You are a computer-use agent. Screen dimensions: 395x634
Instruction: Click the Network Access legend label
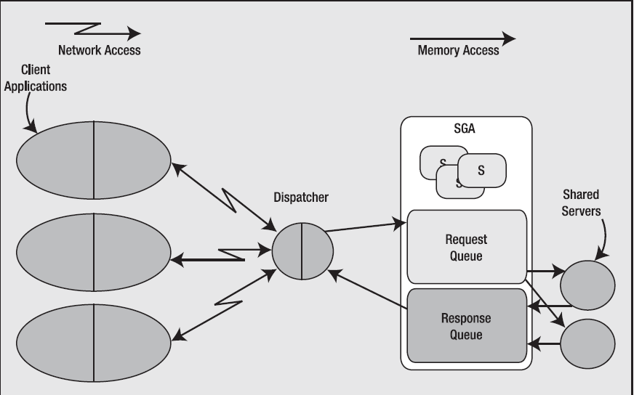pyautogui.click(x=99, y=50)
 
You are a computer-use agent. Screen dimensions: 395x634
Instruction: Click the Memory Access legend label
pyautogui.click(x=458, y=50)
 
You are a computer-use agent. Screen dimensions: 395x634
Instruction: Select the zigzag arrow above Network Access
pyautogui.click(x=92, y=30)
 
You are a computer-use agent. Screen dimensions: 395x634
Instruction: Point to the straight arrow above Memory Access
pyautogui.click(x=462, y=38)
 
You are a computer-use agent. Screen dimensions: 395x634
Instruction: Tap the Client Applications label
pyautogui.click(x=35, y=78)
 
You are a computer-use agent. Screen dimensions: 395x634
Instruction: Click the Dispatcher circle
pyautogui.click(x=302, y=251)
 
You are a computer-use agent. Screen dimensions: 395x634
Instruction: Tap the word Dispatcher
pyautogui.click(x=301, y=197)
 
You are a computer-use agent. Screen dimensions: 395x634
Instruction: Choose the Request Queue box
pyautogui.click(x=466, y=247)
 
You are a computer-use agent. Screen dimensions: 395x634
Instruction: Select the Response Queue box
pyautogui.click(x=466, y=326)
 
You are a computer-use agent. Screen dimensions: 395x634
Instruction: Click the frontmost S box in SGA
pyautogui.click(x=481, y=171)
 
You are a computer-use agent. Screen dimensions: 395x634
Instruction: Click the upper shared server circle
pyautogui.click(x=587, y=283)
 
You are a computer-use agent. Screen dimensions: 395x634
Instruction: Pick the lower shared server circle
pyautogui.click(x=587, y=342)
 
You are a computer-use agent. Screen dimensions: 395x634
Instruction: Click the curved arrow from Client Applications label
pyautogui.click(x=28, y=113)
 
